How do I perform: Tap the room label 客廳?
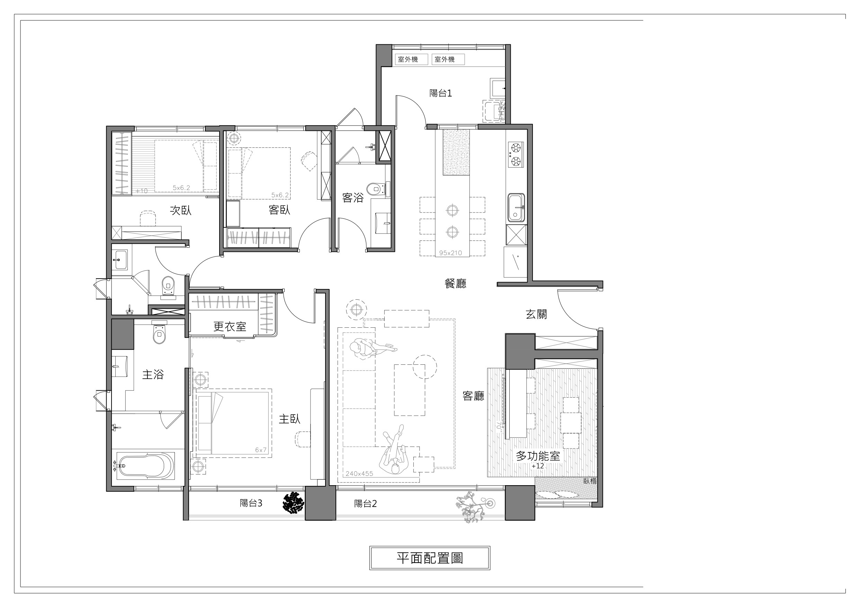tap(473, 396)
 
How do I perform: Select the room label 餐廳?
tap(455, 283)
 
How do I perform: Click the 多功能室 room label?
tap(538, 456)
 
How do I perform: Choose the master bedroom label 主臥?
tap(289, 419)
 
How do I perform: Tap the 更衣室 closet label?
tap(230, 326)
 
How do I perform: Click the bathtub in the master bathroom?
tap(145, 465)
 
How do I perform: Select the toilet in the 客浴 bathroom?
tap(374, 189)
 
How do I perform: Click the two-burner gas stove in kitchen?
tap(516, 155)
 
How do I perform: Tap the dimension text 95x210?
tap(450, 253)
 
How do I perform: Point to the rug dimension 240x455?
tap(359, 473)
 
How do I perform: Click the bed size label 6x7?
tap(261, 450)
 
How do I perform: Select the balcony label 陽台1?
tap(440, 93)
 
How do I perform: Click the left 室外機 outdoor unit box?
tap(411, 59)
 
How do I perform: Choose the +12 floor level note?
tap(538, 466)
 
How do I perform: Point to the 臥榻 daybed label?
tap(590, 481)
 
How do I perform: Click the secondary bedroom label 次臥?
tap(181, 210)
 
